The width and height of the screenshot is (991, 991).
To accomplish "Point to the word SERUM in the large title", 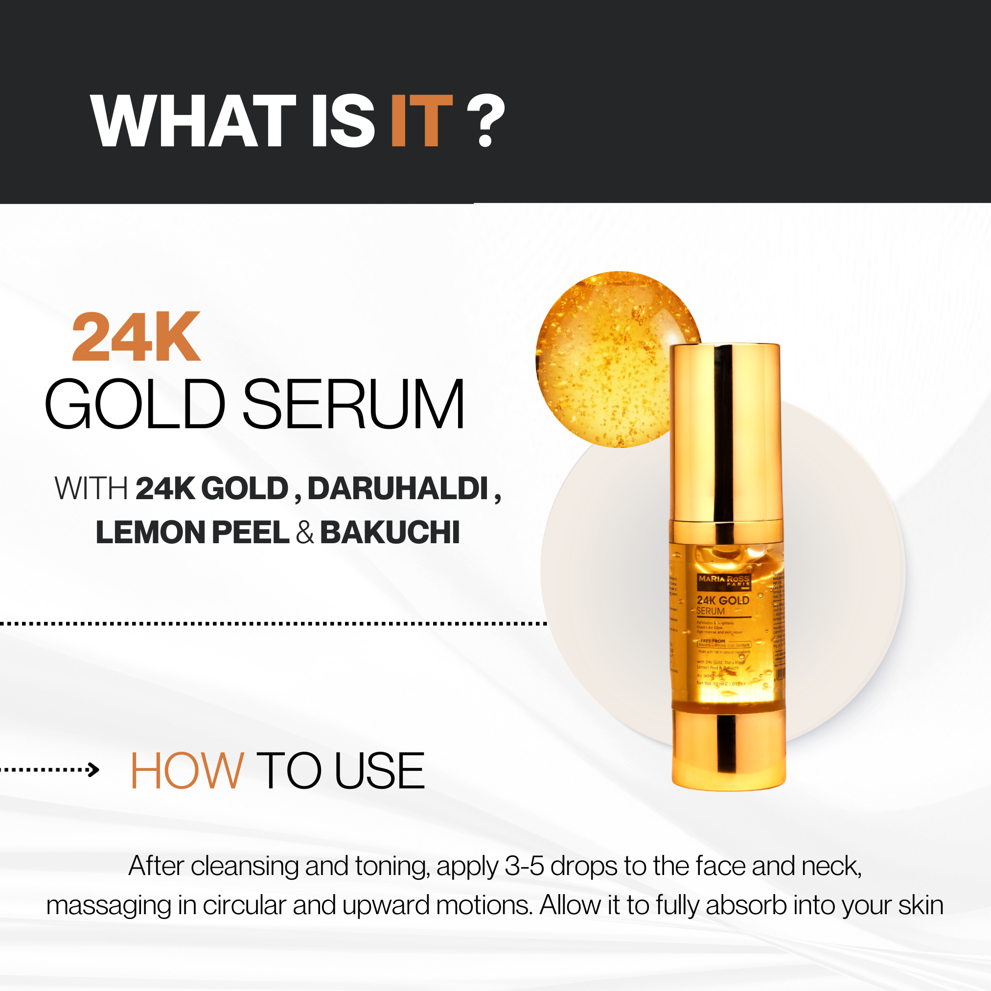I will (x=353, y=404).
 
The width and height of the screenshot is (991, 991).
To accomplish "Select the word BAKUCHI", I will (x=390, y=532).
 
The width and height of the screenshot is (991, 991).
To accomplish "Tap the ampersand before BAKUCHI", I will (x=305, y=532).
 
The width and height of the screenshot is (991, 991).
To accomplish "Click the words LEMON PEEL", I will (x=192, y=532).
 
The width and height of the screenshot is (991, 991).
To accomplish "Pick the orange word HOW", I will (x=187, y=770).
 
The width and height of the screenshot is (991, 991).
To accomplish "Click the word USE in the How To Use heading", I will (x=380, y=770).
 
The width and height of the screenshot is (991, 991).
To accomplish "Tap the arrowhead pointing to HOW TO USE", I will (x=93, y=769).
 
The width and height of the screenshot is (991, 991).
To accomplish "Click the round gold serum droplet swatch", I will (x=605, y=359).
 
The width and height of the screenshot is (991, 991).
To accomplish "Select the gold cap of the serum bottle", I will (x=725, y=431).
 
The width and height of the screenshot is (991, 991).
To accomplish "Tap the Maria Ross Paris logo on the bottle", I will (x=724, y=580).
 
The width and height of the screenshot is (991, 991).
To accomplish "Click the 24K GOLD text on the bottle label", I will (x=723, y=600).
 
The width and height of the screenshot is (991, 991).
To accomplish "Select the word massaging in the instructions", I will (x=109, y=906).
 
